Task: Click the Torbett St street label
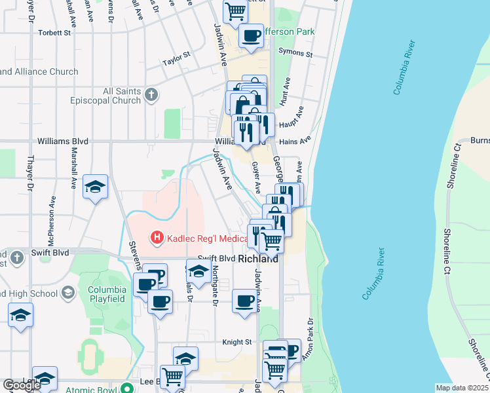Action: tap(54, 32)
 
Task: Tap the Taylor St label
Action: tap(176, 60)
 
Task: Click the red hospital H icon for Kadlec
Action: tap(157, 236)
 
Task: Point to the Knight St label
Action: tap(237, 342)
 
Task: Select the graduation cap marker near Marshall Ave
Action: tap(96, 187)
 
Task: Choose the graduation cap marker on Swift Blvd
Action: tap(198, 270)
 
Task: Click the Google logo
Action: tap(22, 385)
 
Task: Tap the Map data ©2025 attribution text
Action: tap(462, 388)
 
